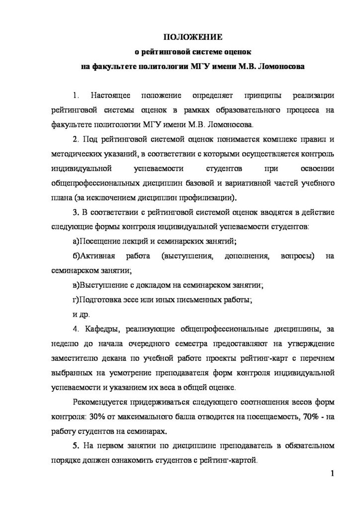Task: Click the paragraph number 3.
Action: point(75,213)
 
